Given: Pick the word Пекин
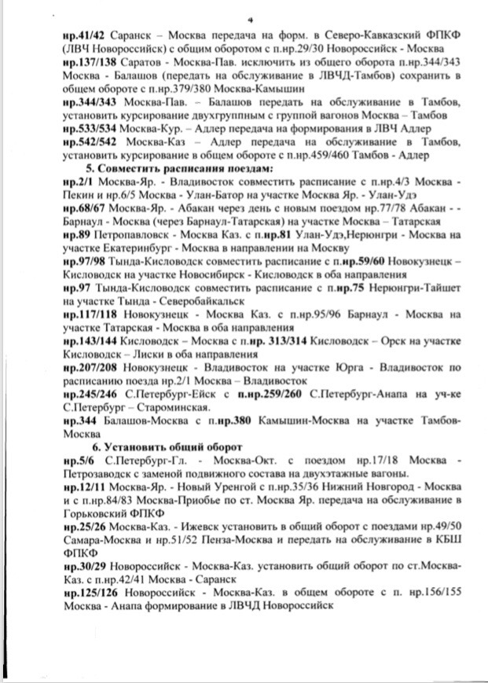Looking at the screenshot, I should (x=78, y=196).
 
